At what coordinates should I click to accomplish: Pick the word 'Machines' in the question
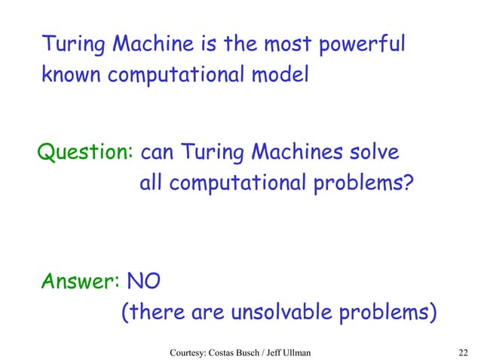tap(289, 153)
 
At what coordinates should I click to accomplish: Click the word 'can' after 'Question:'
tap(157, 154)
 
